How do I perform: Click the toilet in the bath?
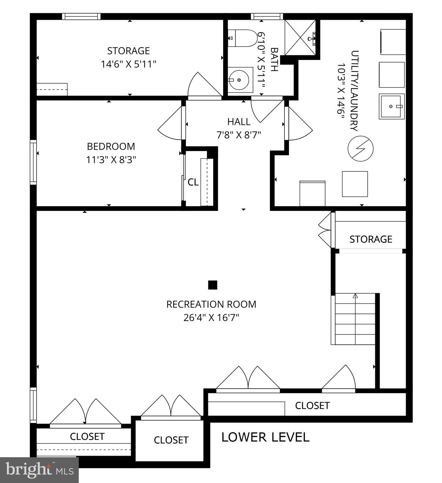point(243,38)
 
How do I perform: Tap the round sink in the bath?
point(240,80)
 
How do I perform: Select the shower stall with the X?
point(300,37)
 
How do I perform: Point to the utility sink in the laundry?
point(391,106)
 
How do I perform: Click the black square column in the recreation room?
point(213,285)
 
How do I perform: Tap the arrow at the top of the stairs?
point(355,296)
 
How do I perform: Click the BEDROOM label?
point(111,147)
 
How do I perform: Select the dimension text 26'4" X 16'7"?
point(211,318)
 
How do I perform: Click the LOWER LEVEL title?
point(265,437)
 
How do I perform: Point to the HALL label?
point(239,122)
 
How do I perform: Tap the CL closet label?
point(193,182)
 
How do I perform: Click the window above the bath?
point(267,16)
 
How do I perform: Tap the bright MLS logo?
point(39,470)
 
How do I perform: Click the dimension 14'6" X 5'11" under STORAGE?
point(129,64)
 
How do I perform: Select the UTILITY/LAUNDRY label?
point(354,91)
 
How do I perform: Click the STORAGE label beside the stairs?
point(370,239)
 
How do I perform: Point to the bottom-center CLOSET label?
point(171,440)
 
